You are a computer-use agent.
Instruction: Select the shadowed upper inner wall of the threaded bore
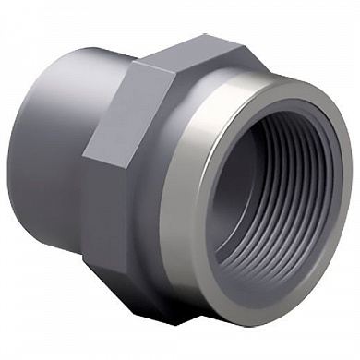coord(277,129)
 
